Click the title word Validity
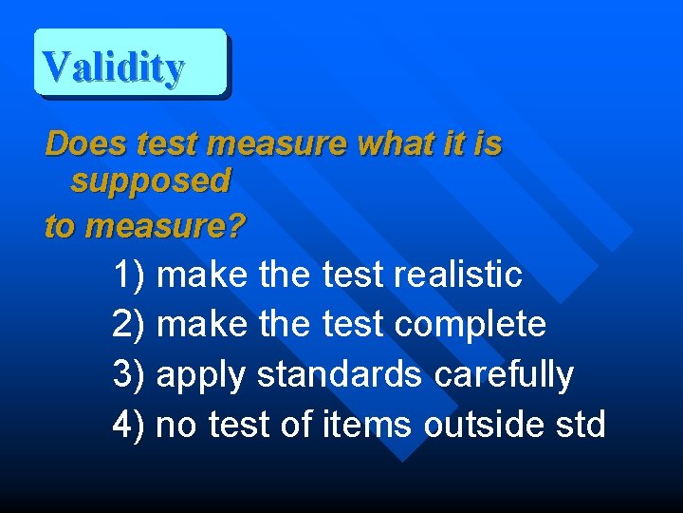click(x=113, y=66)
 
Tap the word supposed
click(x=151, y=180)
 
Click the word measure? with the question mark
click(x=165, y=227)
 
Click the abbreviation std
click(x=581, y=424)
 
